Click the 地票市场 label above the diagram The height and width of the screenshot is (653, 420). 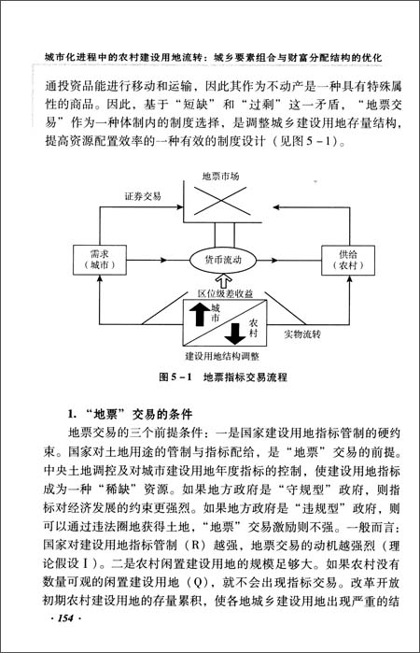(221, 177)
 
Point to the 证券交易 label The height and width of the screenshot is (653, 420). (144, 198)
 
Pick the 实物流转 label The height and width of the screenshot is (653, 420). (300, 332)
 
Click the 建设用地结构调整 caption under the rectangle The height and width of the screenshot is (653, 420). (221, 356)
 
